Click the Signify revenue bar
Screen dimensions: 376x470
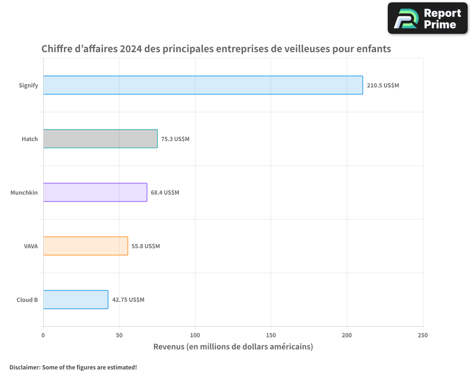[x=203, y=85]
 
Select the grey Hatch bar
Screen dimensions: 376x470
[x=100, y=139]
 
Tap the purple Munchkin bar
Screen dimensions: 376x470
[x=95, y=192]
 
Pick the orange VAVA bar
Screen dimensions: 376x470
[x=85, y=246]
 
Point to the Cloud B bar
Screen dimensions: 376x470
[x=75, y=299]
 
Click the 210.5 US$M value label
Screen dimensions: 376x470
[x=383, y=86]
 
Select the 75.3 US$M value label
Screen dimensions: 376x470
[x=175, y=139]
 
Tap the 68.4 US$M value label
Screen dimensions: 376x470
[x=165, y=193]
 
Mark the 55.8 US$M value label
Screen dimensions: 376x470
[x=146, y=246]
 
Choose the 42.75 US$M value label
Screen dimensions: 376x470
[x=128, y=300]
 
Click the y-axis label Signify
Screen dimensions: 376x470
[x=28, y=86]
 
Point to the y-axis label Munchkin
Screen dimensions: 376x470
[x=24, y=193]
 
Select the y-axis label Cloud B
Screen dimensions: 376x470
[x=27, y=300]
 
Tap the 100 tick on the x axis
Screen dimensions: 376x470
[x=195, y=335]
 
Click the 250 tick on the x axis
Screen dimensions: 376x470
[x=423, y=335]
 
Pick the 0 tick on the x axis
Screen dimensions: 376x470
[x=43, y=335]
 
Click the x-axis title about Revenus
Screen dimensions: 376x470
[x=233, y=347]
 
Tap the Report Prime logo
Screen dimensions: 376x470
[x=427, y=18]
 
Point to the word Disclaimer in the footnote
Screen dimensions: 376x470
[x=24, y=367]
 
